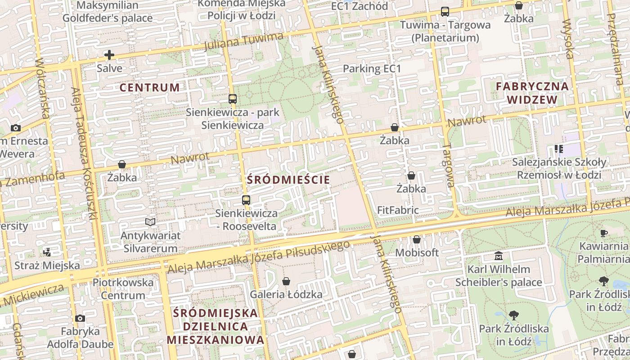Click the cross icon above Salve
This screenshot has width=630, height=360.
pos(109,55)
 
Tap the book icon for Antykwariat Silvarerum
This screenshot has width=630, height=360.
pos(150,222)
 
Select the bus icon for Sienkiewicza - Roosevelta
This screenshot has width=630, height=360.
pos(246,200)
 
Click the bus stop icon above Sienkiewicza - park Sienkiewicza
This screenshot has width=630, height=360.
pos(232,99)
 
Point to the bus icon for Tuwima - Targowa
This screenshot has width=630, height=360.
pos(445,12)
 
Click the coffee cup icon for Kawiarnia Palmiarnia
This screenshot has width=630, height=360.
pos(603,233)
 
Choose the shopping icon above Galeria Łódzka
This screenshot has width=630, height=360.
pos(286,282)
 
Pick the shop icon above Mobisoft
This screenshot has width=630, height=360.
pos(416,239)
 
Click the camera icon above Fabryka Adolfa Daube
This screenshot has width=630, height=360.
pos(80,319)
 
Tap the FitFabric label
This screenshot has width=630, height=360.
pos(398,210)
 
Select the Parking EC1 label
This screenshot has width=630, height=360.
pos(372,69)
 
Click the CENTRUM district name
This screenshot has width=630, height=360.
pos(150,87)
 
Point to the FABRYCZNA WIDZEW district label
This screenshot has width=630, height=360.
pos(532,93)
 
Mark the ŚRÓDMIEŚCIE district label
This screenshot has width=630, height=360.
pos(288,180)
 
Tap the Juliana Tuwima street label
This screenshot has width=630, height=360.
pos(243,41)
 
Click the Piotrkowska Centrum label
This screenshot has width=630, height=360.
pos(123,289)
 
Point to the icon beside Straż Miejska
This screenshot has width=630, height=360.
pos(47,252)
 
